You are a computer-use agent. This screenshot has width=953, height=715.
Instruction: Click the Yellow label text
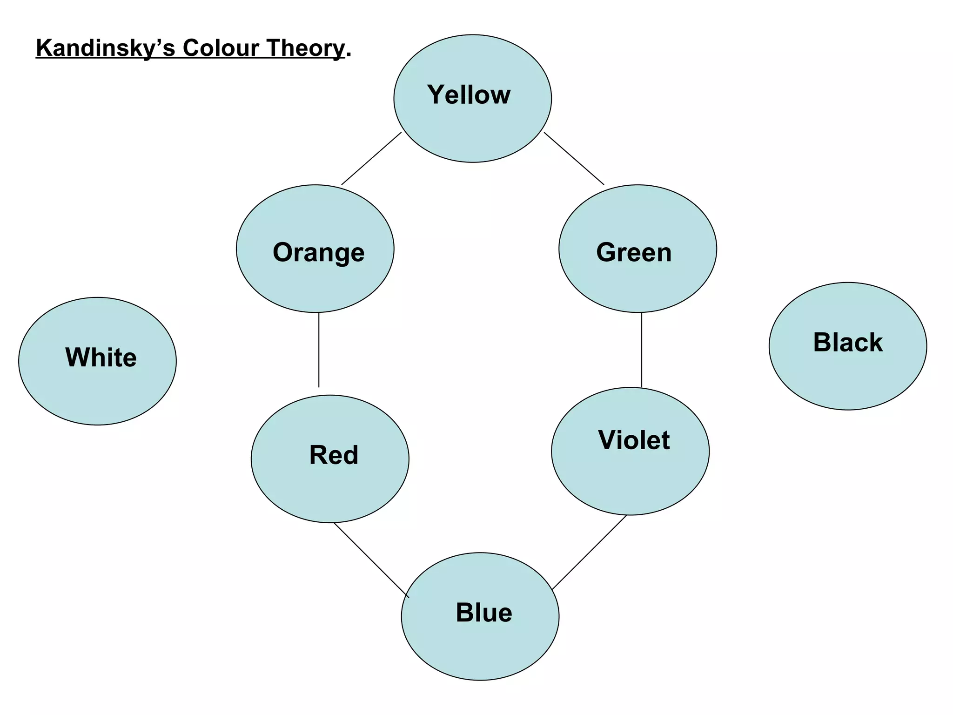point(469,94)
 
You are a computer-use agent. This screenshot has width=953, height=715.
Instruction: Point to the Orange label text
point(318,252)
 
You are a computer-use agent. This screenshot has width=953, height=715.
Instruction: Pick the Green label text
point(634,252)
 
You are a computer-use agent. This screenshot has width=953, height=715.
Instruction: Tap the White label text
point(101,357)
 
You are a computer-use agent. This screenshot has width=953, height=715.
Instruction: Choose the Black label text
point(847,343)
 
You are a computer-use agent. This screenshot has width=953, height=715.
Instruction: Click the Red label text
point(334,455)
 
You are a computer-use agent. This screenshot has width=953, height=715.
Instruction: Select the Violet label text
point(634,440)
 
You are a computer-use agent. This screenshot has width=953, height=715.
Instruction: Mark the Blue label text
point(483,613)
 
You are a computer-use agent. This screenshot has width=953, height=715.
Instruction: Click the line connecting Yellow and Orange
point(371,159)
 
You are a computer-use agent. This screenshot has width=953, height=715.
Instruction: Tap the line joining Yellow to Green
point(574,159)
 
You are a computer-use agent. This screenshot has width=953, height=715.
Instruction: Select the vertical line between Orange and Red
point(319,350)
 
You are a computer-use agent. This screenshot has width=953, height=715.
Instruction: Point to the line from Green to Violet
point(642,350)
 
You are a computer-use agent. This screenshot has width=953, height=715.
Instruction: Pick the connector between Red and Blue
point(371,560)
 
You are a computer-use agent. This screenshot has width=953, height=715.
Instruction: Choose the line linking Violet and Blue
point(589,553)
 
